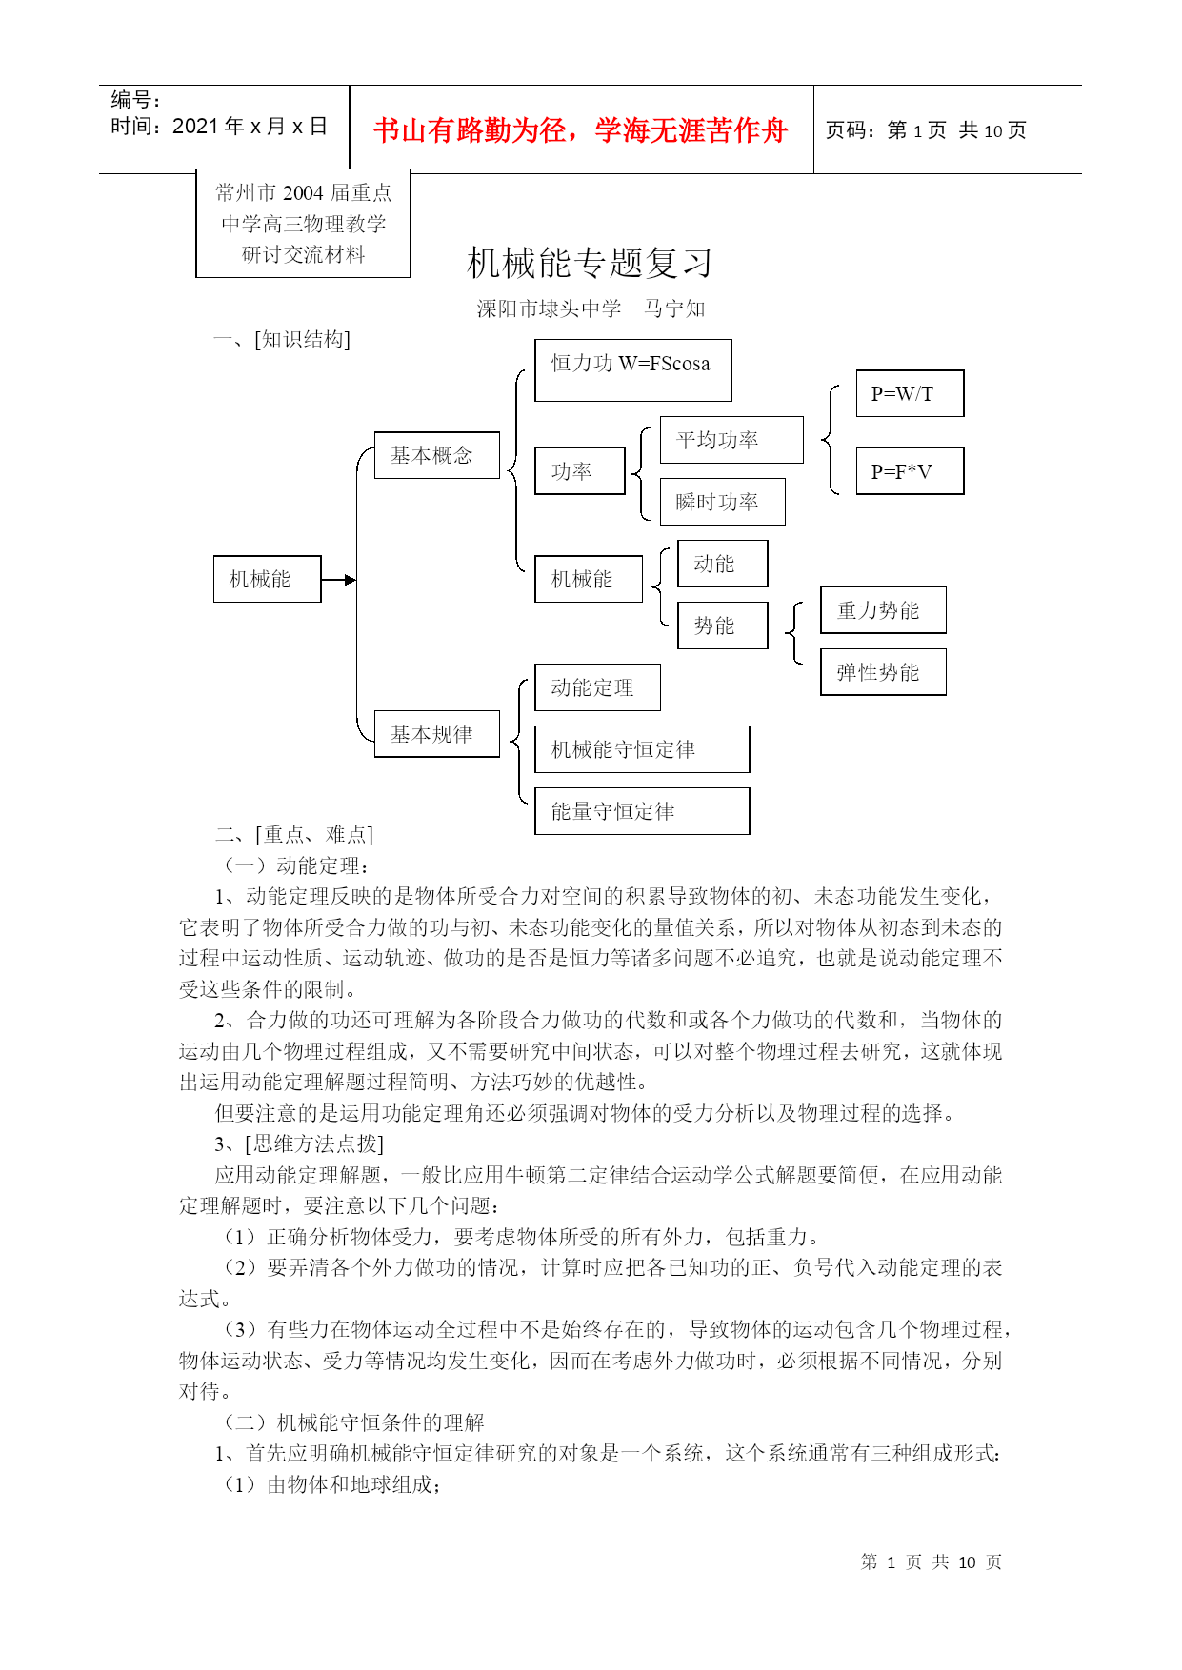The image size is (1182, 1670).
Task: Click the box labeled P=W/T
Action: [910, 393]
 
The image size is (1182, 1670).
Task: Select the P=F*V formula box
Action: [910, 471]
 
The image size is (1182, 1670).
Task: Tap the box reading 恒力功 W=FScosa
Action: [632, 369]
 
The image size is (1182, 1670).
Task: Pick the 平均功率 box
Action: [731, 440]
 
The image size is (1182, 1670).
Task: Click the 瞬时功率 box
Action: [722, 502]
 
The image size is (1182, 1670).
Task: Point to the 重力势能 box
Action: [883, 610]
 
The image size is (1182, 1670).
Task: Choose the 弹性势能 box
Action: [883, 672]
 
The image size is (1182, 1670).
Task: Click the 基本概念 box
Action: [436, 455]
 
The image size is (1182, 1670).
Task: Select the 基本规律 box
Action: [436, 734]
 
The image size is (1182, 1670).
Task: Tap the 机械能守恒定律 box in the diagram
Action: [642, 749]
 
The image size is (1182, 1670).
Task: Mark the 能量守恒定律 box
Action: [642, 811]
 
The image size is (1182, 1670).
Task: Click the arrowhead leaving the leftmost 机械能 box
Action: [351, 580]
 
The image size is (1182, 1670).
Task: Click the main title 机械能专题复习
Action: [590, 264]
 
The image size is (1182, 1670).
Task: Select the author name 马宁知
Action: [674, 308]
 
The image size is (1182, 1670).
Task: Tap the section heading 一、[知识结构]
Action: [282, 340]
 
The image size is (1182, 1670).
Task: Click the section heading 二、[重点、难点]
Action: [294, 835]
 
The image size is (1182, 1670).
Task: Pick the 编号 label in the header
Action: [135, 100]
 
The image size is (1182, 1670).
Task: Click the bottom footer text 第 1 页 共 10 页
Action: [931, 1562]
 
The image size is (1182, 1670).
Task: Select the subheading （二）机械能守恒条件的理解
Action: [353, 1422]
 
